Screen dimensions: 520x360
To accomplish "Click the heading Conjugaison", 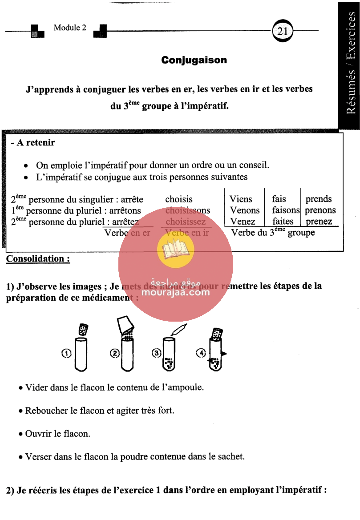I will (194, 60).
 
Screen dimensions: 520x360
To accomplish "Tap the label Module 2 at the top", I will (70, 28).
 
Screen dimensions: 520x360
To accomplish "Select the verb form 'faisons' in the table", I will (286, 210).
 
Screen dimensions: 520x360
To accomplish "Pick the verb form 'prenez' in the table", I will (319, 221).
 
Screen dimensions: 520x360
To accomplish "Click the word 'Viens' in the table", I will (241, 199).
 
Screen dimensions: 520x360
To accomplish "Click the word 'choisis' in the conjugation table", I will (179, 199).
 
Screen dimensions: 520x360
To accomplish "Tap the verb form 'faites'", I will (283, 221).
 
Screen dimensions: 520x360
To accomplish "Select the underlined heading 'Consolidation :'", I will (38, 259).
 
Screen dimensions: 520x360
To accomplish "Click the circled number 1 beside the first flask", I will (66, 353).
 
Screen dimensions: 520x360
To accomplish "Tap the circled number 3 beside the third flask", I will (156, 353).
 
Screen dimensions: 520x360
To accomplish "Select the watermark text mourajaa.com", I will (176, 293).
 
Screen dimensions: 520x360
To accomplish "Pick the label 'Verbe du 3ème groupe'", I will (273, 233).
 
